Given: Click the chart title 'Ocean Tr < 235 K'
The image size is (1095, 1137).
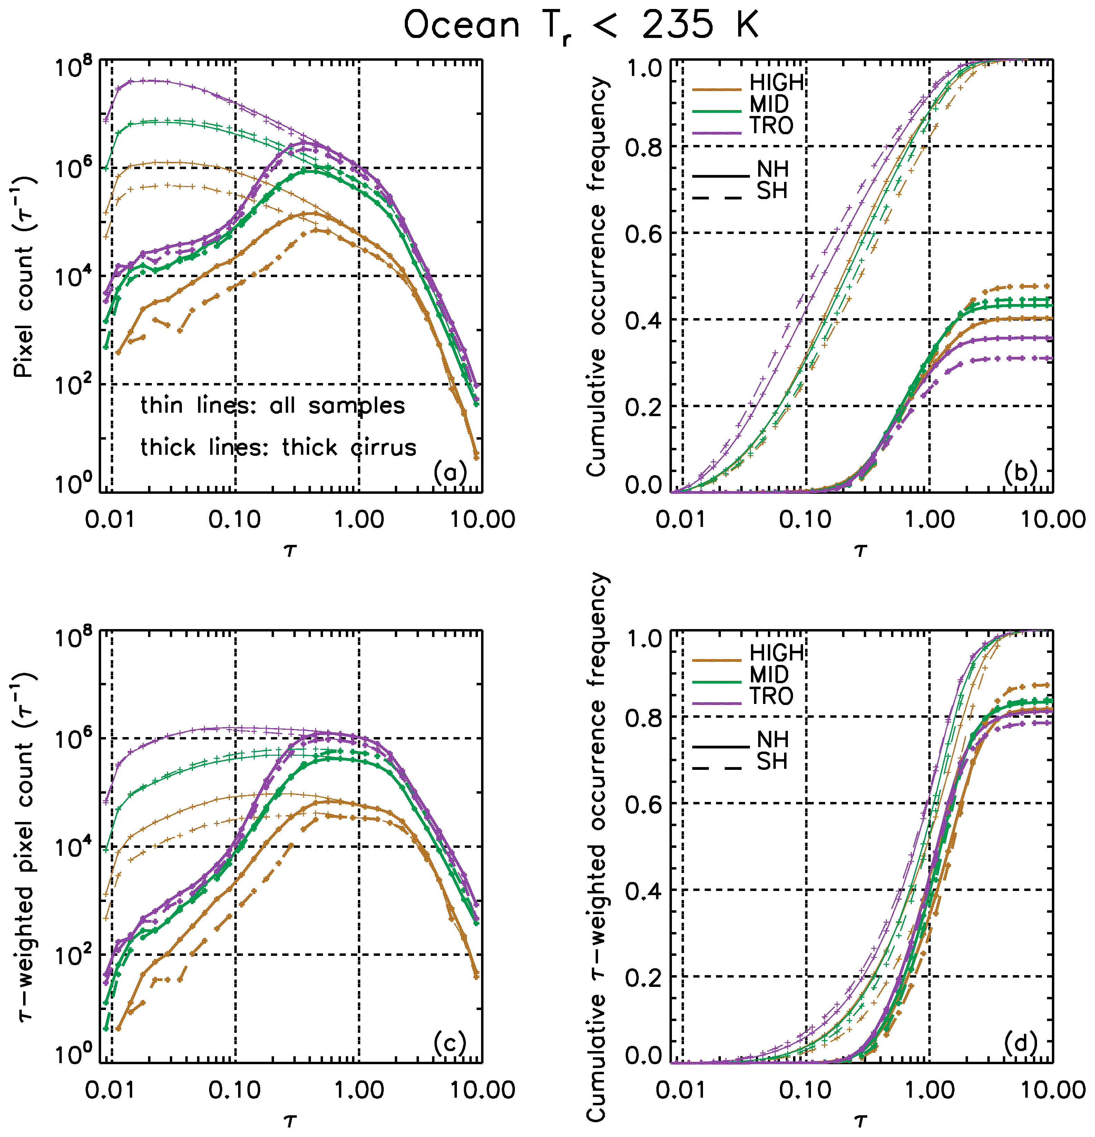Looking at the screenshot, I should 581,26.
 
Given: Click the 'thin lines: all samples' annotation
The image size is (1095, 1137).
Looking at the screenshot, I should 273,405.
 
